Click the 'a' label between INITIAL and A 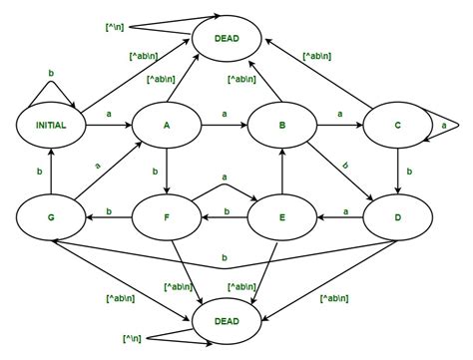(108, 116)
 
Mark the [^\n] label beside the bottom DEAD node (131, 341)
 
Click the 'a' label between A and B (225, 116)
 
